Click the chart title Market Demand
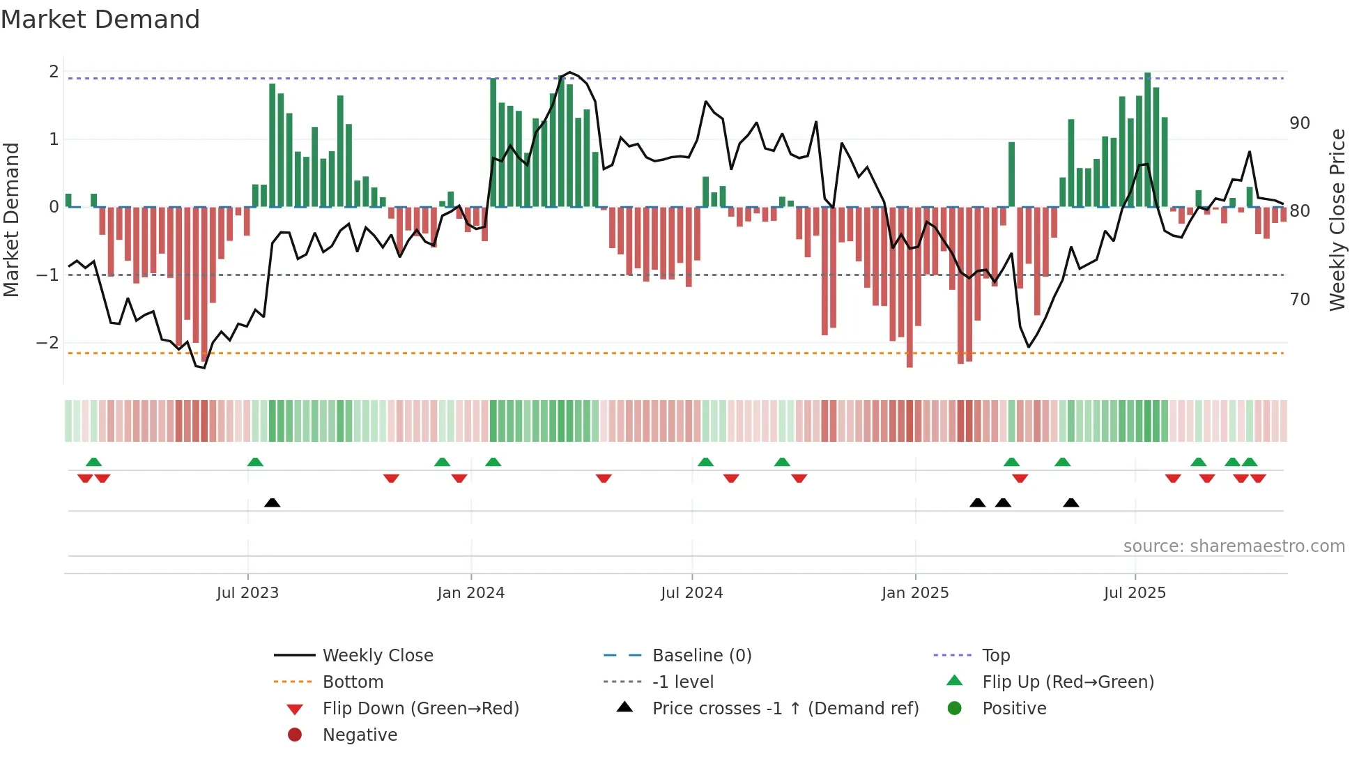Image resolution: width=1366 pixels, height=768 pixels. click(x=100, y=20)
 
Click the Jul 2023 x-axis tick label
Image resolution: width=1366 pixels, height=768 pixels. click(x=247, y=593)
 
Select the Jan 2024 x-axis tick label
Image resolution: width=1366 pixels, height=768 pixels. click(x=470, y=593)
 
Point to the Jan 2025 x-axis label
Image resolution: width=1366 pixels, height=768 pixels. click(x=914, y=593)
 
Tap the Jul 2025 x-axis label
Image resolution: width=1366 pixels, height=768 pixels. click(x=1135, y=593)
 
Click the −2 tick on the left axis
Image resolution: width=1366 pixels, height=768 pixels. click(x=47, y=342)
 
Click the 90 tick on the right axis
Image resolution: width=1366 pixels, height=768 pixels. click(x=1300, y=123)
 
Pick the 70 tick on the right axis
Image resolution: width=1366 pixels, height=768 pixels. click(x=1300, y=300)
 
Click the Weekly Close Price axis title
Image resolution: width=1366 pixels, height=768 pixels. click(x=1337, y=220)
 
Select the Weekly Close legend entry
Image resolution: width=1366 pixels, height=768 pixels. click(x=377, y=656)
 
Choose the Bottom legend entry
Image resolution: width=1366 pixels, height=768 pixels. click(x=353, y=682)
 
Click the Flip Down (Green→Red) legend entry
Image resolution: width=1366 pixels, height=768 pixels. click(x=420, y=709)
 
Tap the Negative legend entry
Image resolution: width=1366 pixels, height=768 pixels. click(x=360, y=735)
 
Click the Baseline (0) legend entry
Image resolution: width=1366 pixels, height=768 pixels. click(x=701, y=656)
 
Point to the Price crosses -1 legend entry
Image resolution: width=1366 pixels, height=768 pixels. click(x=785, y=709)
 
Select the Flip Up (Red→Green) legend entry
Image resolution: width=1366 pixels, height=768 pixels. click(x=1068, y=682)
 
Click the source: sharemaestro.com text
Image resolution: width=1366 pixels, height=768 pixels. click(x=1234, y=546)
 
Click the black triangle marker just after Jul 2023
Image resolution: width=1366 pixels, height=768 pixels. click(x=273, y=502)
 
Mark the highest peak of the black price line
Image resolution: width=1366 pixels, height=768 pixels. click(x=570, y=72)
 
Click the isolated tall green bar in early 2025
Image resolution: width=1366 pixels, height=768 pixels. click(x=1011, y=174)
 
